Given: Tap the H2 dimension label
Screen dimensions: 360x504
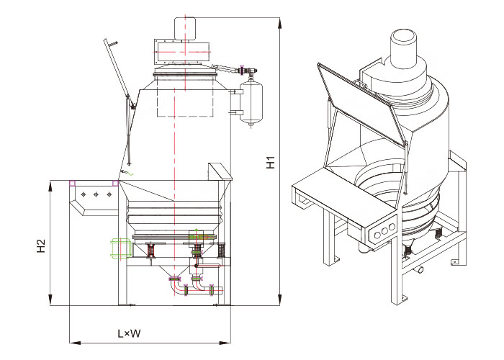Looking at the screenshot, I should click(41, 246).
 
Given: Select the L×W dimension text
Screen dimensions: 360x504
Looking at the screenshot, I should click(130, 334).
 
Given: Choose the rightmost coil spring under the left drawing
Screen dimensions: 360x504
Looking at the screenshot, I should click(222, 251).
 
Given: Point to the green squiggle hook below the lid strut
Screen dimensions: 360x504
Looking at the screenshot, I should click(128, 172).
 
